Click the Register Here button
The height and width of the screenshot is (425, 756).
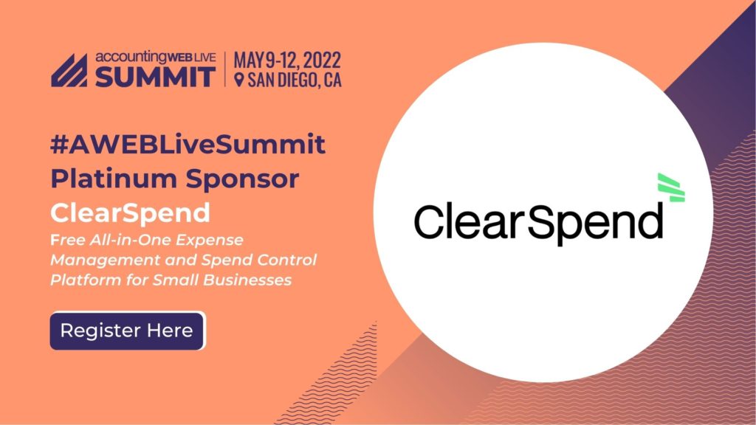127,331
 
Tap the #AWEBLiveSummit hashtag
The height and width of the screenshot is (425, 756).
188,144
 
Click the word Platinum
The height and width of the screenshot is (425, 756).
114,179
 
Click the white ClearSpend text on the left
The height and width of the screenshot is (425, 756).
130,212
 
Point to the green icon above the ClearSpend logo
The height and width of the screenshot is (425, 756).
671,187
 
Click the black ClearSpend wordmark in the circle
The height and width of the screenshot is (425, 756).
538,222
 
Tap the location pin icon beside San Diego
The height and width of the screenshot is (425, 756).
238,80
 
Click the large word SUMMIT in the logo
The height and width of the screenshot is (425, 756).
155,77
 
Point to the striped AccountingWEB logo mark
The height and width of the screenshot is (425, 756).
69,70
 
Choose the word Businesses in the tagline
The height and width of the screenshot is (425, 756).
246,280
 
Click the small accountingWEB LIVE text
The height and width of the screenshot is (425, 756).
155,57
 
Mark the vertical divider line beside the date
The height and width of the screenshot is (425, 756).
224,69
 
